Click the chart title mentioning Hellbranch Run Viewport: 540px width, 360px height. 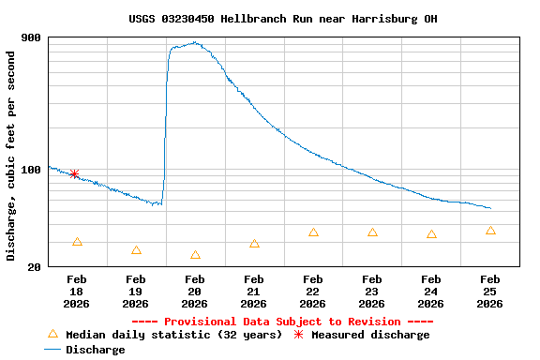pyautogui.click(x=282, y=19)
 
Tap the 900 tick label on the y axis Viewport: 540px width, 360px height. pyautogui.click(x=30, y=37)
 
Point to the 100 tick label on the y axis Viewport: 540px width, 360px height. pyautogui.click(x=30, y=170)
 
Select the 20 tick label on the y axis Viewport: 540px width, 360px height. pyautogui.click(x=34, y=267)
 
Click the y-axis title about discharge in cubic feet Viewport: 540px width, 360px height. pyautogui.click(x=10, y=157)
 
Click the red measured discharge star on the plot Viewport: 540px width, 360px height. pyautogui.click(x=74, y=174)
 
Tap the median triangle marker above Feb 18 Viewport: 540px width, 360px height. pyautogui.click(x=77, y=242)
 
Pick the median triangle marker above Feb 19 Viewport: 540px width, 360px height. pyautogui.click(x=136, y=250)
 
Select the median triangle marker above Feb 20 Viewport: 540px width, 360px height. pyautogui.click(x=195, y=255)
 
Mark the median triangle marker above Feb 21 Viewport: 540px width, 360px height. pyautogui.click(x=254, y=244)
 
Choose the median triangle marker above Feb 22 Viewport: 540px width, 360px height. pyautogui.click(x=313, y=232)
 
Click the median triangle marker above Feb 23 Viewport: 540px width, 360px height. pyautogui.click(x=372, y=232)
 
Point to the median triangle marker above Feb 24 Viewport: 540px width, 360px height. pyautogui.click(x=431, y=234)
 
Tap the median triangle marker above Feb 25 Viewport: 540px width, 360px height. pyautogui.click(x=490, y=231)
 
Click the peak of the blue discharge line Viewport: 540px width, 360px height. pyautogui.click(x=194, y=42)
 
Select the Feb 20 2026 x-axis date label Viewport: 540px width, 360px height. pyautogui.click(x=195, y=291)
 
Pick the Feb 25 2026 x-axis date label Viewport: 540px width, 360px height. pyautogui.click(x=490, y=291)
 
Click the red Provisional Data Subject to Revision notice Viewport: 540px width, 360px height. pyautogui.click(x=282, y=322)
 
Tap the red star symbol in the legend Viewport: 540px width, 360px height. pyautogui.click(x=299, y=335)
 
